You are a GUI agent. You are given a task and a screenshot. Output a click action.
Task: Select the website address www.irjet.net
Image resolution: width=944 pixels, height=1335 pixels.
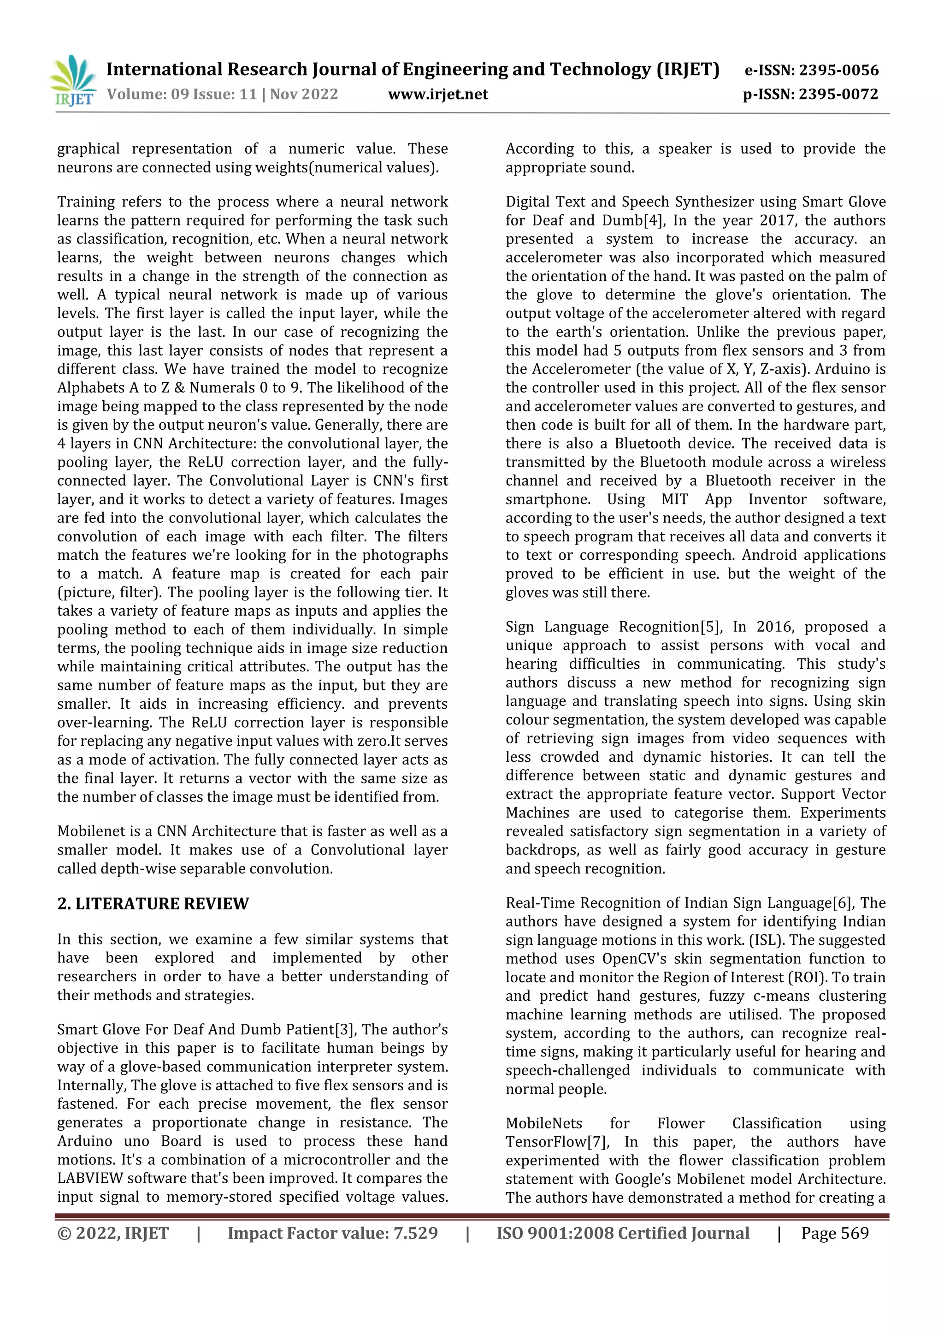(438, 94)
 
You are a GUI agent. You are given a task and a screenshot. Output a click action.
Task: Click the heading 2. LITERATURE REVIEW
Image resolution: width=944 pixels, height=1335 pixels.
(153, 903)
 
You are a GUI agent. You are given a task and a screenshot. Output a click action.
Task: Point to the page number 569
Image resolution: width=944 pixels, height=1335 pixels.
(854, 1233)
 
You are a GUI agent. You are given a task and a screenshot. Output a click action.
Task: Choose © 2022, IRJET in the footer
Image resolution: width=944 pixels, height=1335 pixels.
(113, 1233)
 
